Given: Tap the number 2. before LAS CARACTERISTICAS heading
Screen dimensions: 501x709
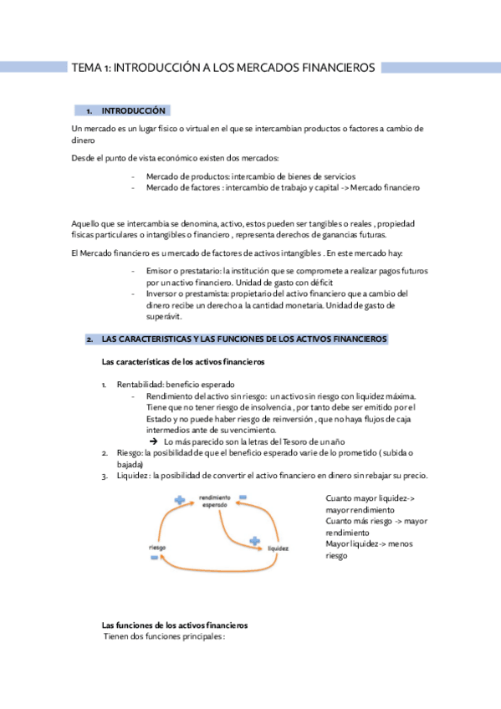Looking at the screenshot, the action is pyautogui.click(x=89, y=339).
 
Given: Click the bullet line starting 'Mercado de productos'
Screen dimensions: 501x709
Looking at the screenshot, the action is pyautogui.click(x=250, y=176).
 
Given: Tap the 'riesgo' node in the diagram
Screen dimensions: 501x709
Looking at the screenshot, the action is pyautogui.click(x=156, y=547).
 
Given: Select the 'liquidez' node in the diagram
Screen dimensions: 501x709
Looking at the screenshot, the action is pyautogui.click(x=279, y=549).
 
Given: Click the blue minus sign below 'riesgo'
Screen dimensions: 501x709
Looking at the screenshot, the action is pyautogui.click(x=155, y=558).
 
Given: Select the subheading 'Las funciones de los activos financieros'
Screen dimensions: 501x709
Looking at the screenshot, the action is pyautogui.click(x=174, y=625).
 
